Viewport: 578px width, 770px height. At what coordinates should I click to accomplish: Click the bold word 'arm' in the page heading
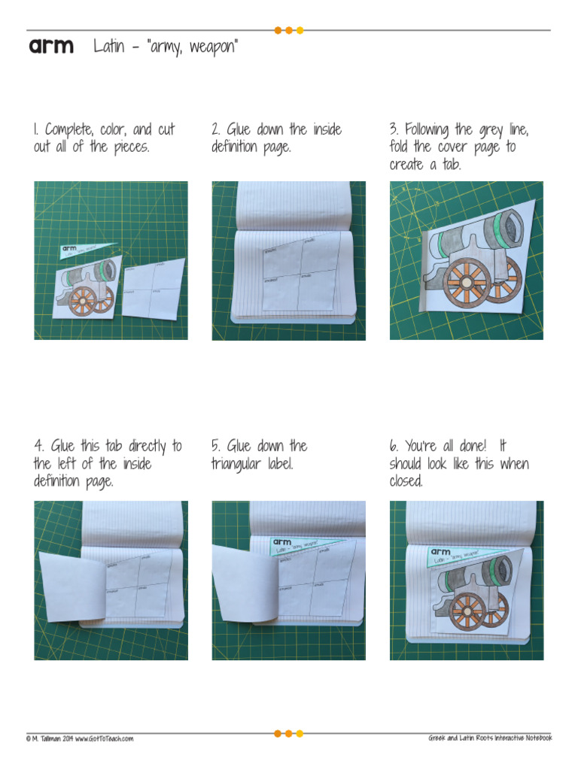tap(51, 47)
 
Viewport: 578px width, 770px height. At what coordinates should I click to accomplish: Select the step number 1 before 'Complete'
tap(35, 129)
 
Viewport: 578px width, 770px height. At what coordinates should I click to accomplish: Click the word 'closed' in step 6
tap(406, 482)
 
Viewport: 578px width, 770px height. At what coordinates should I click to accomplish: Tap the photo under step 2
tap(288, 260)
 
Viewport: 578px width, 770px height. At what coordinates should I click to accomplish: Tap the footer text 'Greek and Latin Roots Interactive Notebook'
tap(490, 738)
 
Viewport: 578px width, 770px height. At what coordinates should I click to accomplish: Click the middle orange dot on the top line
tap(289, 31)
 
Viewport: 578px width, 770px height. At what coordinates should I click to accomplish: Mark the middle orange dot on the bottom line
tap(289, 733)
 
